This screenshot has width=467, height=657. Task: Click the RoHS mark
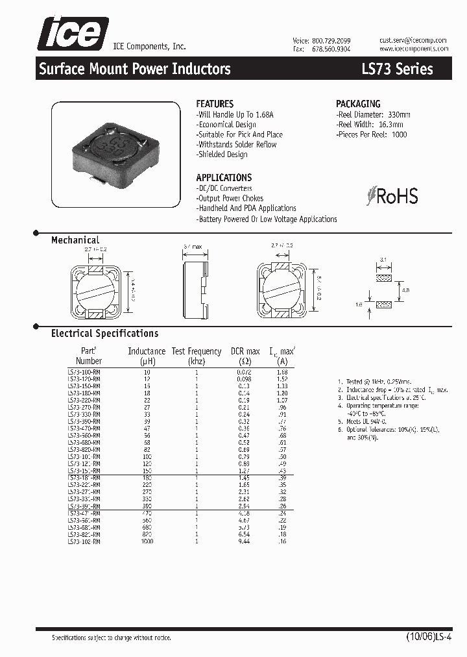tap(392, 196)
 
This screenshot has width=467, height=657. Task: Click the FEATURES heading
tap(215, 104)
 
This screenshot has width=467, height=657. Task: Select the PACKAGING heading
tap(358, 104)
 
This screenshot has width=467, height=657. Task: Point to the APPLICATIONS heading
tap(224, 177)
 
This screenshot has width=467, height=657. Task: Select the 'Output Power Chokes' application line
tap(230, 198)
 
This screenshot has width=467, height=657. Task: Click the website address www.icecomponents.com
tap(413, 49)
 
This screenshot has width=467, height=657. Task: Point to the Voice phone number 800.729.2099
tap(331, 40)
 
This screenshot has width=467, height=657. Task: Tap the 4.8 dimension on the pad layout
tap(405, 290)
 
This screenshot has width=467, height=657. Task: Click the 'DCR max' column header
tap(245, 351)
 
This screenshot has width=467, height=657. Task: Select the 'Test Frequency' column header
tap(197, 351)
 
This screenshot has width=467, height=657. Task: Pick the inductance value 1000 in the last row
tap(147, 541)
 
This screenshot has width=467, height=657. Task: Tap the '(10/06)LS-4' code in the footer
tap(424, 638)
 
